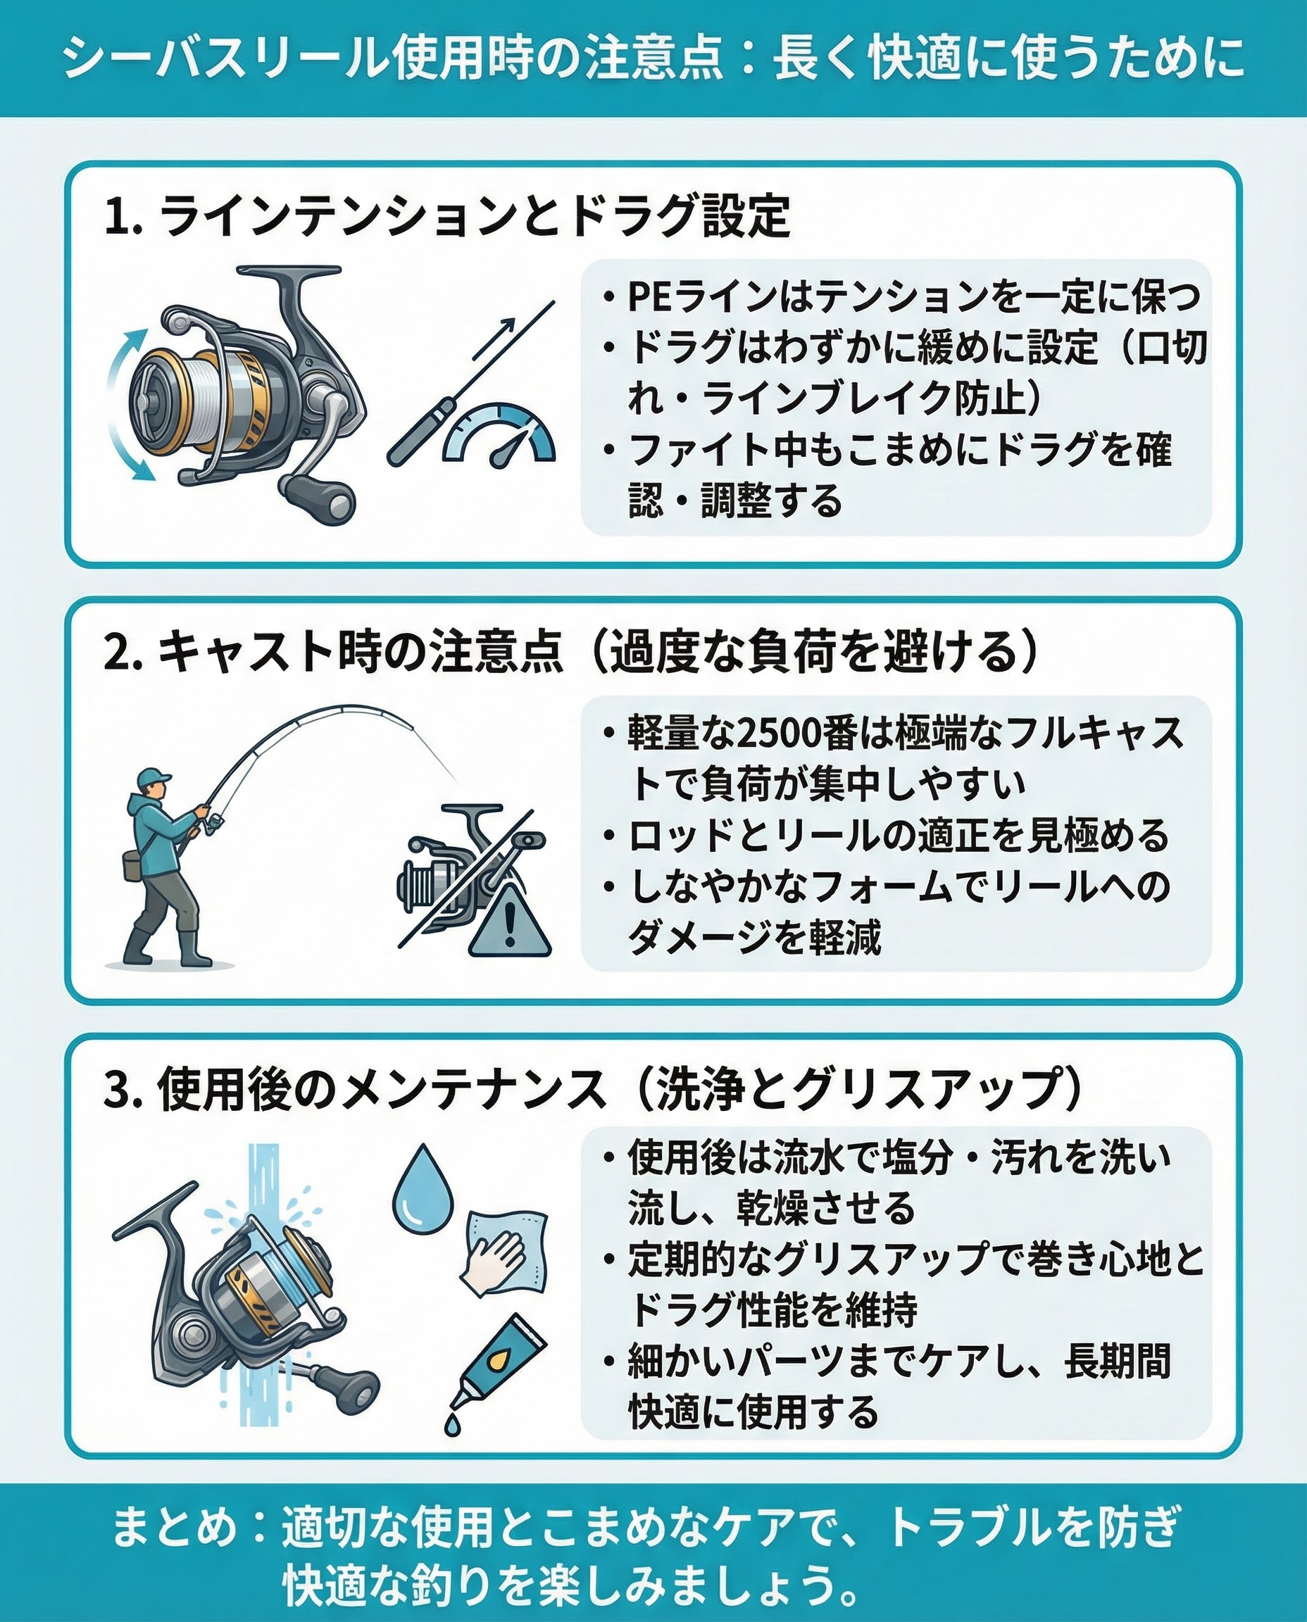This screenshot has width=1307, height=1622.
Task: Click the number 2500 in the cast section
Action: (x=780, y=734)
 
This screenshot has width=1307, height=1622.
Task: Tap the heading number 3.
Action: (x=120, y=1089)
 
